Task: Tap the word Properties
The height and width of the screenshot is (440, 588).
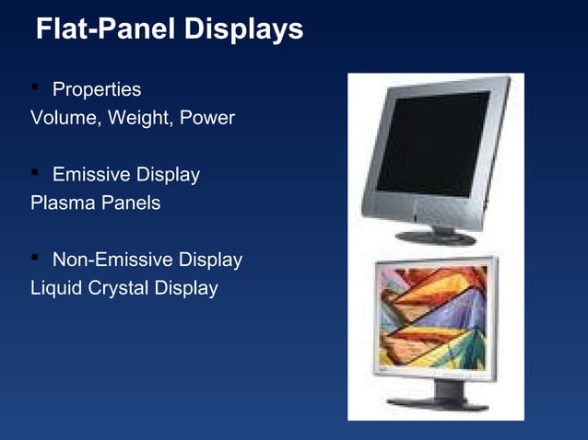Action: pyautogui.click(x=97, y=90)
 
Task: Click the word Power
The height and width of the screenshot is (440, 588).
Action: pyautogui.click(x=209, y=119)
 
